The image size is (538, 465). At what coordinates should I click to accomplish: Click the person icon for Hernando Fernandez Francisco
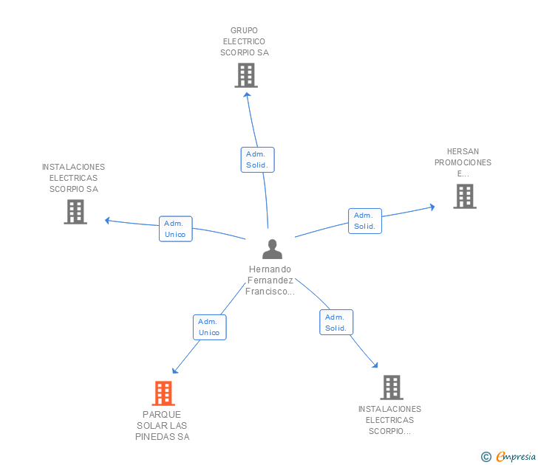click(272, 249)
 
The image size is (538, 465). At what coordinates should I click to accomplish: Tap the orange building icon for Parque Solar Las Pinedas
click(163, 393)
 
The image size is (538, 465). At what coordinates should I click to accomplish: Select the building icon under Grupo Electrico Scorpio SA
click(246, 75)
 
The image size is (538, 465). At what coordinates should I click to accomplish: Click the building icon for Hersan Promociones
click(464, 196)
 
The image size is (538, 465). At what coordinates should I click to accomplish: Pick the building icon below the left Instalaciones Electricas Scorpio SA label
click(75, 212)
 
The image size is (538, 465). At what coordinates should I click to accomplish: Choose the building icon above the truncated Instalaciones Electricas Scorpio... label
click(392, 387)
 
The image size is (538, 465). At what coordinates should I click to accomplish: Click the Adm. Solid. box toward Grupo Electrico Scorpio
click(257, 159)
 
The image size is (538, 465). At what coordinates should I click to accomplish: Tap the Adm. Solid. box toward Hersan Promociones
click(365, 221)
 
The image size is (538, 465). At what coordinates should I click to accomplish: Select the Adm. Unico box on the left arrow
click(175, 229)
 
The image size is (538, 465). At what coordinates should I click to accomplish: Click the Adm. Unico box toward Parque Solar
click(209, 327)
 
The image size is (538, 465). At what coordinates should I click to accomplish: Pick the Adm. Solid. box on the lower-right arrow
click(336, 323)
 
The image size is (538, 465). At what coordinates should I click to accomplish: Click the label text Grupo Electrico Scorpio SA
click(245, 41)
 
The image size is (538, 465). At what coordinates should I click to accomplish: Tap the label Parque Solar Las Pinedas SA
click(163, 426)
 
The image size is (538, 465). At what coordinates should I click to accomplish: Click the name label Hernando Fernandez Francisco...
click(271, 280)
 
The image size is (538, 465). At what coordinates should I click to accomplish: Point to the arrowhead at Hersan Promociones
click(432, 207)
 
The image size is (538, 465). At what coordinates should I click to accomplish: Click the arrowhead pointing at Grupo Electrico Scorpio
click(248, 94)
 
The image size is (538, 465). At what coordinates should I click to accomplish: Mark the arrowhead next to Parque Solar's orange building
click(174, 371)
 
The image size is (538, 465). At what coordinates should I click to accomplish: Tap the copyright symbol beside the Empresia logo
click(486, 457)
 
